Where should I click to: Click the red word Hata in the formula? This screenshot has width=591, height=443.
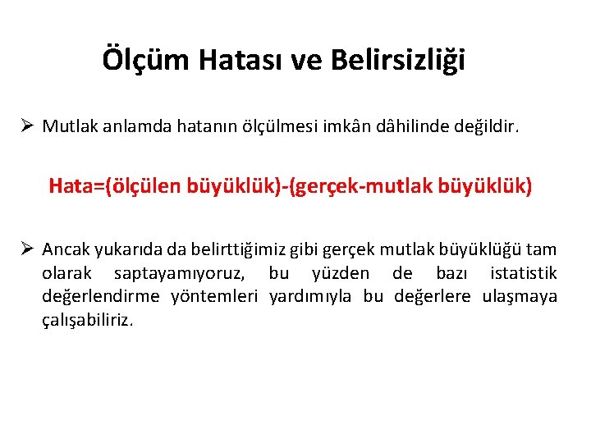68,186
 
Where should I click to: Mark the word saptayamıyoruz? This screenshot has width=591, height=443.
186,273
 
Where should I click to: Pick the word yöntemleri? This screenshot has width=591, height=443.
215,296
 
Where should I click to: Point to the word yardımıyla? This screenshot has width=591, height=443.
309,296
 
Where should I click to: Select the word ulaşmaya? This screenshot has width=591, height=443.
520,296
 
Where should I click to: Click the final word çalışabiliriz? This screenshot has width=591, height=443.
87,320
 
